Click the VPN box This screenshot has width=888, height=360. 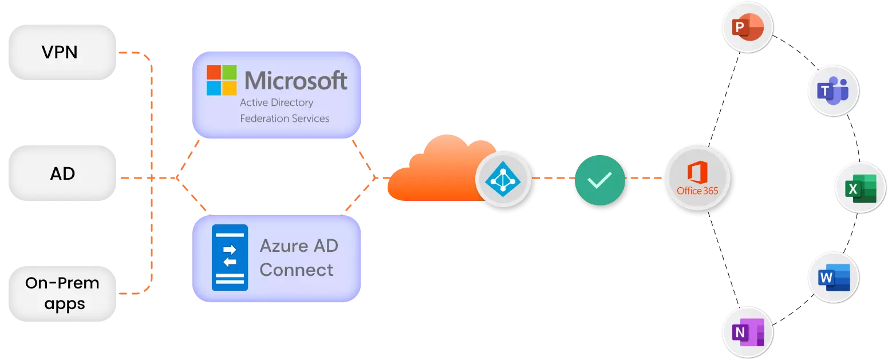[x=61, y=53]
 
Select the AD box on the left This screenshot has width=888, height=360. [x=62, y=173]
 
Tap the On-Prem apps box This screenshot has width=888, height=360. [x=62, y=294]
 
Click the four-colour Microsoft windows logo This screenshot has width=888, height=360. [x=222, y=80]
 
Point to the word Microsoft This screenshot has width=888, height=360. [x=296, y=81]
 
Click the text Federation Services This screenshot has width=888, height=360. [x=285, y=118]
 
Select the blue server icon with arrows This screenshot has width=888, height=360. [x=230, y=258]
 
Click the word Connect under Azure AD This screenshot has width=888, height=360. [x=296, y=270]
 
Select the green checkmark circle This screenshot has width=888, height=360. [x=600, y=180]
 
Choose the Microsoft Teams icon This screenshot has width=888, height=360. [x=833, y=90]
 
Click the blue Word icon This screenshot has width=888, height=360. [x=833, y=278]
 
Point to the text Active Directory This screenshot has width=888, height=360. [x=277, y=102]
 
